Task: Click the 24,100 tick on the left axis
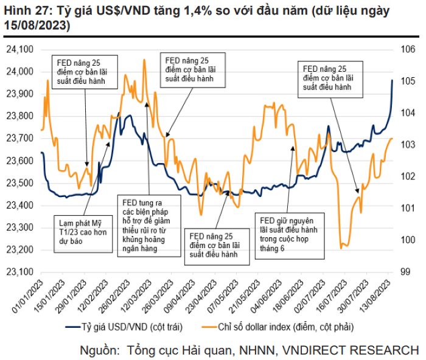click(20, 49)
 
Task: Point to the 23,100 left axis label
click(20, 272)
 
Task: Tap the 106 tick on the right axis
click(407, 49)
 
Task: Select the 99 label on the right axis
click(404, 272)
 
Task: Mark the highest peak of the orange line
click(144, 60)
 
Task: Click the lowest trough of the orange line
click(343, 246)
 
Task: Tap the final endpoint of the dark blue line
click(393, 80)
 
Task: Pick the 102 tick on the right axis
click(407, 176)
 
